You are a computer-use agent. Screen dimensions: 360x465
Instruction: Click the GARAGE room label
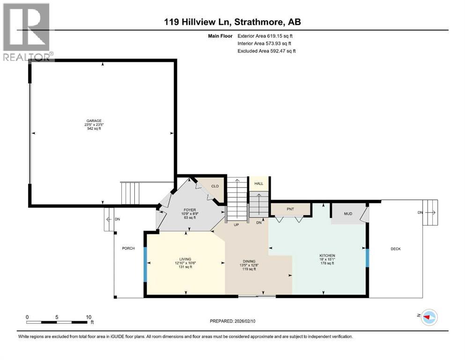click(x=93, y=120)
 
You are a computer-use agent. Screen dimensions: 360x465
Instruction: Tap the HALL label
click(x=258, y=184)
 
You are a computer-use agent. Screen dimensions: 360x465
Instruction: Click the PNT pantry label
click(x=290, y=209)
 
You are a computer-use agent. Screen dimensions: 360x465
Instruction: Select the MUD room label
click(x=347, y=214)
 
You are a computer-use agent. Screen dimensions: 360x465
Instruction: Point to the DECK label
click(x=395, y=249)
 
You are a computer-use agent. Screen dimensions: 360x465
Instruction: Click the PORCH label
click(x=128, y=248)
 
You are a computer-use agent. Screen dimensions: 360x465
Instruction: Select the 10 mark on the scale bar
click(x=89, y=317)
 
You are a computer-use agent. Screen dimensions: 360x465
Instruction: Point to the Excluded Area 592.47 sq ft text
click(x=266, y=51)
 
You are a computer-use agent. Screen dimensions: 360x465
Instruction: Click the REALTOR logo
click(x=28, y=31)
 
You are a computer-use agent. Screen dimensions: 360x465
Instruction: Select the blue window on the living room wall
click(x=145, y=265)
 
